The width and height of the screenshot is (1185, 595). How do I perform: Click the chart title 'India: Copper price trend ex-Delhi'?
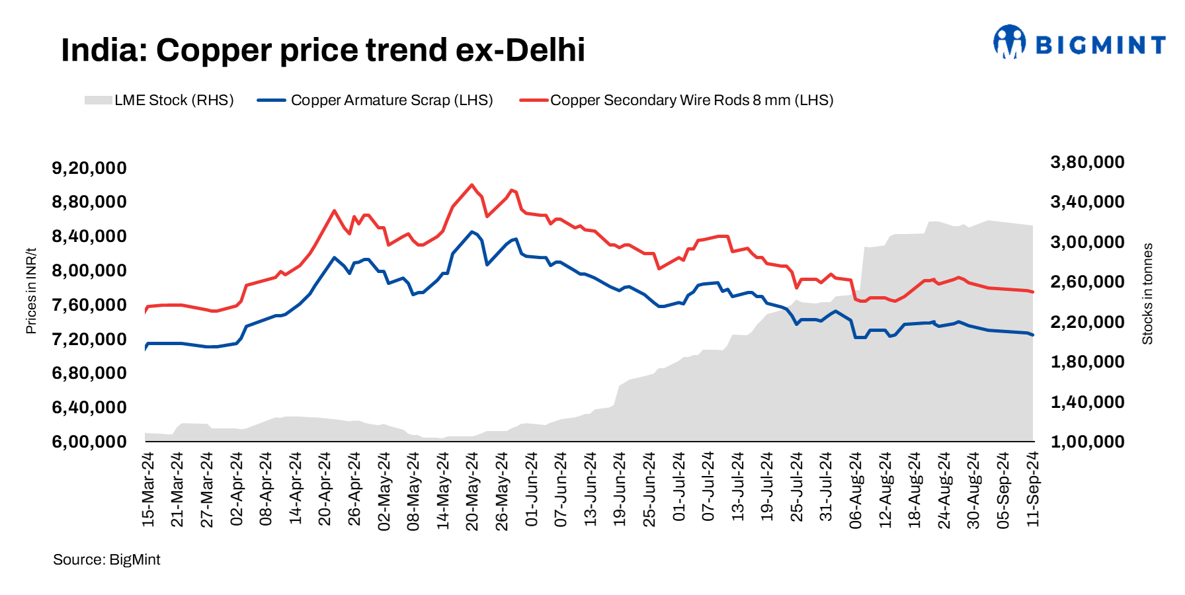coord(323,50)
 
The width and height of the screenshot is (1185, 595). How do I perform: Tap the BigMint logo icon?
coord(1009,42)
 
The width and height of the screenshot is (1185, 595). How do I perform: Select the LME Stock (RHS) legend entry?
coord(159,100)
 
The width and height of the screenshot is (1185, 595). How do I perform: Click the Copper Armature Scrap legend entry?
coord(375,100)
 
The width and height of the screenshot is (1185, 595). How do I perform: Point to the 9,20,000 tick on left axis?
coord(89,168)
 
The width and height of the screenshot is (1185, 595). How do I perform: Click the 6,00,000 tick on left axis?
coord(89,442)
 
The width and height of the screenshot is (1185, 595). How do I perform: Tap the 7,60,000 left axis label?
coord(89,305)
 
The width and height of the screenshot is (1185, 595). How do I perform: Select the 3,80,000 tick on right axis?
coord(1087,163)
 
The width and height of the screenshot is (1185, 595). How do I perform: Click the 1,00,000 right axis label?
coord(1087,442)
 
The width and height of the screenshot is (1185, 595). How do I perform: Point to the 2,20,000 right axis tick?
coord(1087,322)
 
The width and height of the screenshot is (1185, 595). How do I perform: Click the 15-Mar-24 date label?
coord(148,489)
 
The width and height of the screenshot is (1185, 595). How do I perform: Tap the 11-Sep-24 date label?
coord(1033,489)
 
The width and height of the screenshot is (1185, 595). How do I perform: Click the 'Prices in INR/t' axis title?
coord(31,291)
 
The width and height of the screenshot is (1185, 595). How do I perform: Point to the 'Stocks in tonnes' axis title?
coord(1147,294)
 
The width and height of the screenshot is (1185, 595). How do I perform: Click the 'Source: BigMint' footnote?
coord(106,560)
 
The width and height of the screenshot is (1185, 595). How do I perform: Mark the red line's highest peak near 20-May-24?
coord(471,185)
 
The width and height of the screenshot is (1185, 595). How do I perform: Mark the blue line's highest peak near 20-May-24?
coord(471,232)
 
